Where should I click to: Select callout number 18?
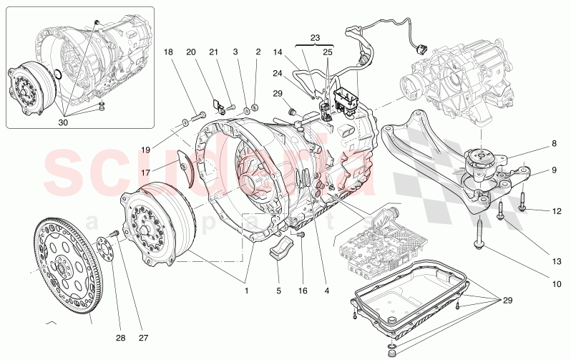click(168, 52)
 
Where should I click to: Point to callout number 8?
click(554, 143)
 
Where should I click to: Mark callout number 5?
click(279, 291)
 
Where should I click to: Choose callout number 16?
click(303, 291)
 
